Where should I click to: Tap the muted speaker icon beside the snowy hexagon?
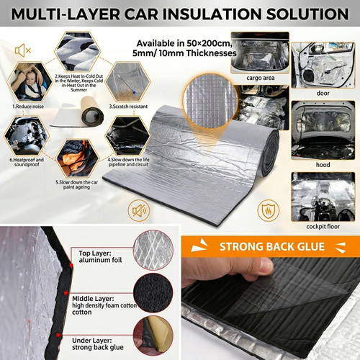tap(22, 50)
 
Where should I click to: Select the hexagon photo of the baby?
tap(30, 82)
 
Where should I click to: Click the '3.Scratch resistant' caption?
tap(128, 107)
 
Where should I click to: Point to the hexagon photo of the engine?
tap(26, 136)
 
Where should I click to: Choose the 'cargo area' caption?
tap(261, 78)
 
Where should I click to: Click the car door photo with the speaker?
tap(323, 66)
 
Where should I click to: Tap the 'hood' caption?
tap(323, 165)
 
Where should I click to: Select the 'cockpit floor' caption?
tap(323, 227)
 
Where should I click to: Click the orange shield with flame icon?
tap(269, 210)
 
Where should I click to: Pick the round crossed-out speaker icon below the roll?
tap(139, 210)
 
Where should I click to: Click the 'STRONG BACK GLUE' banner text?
tap(272, 247)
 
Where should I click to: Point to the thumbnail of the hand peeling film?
tap(271, 309)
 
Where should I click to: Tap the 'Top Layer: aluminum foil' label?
tap(100, 256)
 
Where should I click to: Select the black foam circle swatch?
tap(153, 293)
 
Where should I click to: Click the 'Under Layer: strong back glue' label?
tap(98, 344)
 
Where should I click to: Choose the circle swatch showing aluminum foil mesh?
tap(153, 251)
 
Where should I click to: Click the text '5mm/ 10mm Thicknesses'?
tap(184, 53)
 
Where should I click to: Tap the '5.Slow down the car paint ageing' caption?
tap(77, 185)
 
